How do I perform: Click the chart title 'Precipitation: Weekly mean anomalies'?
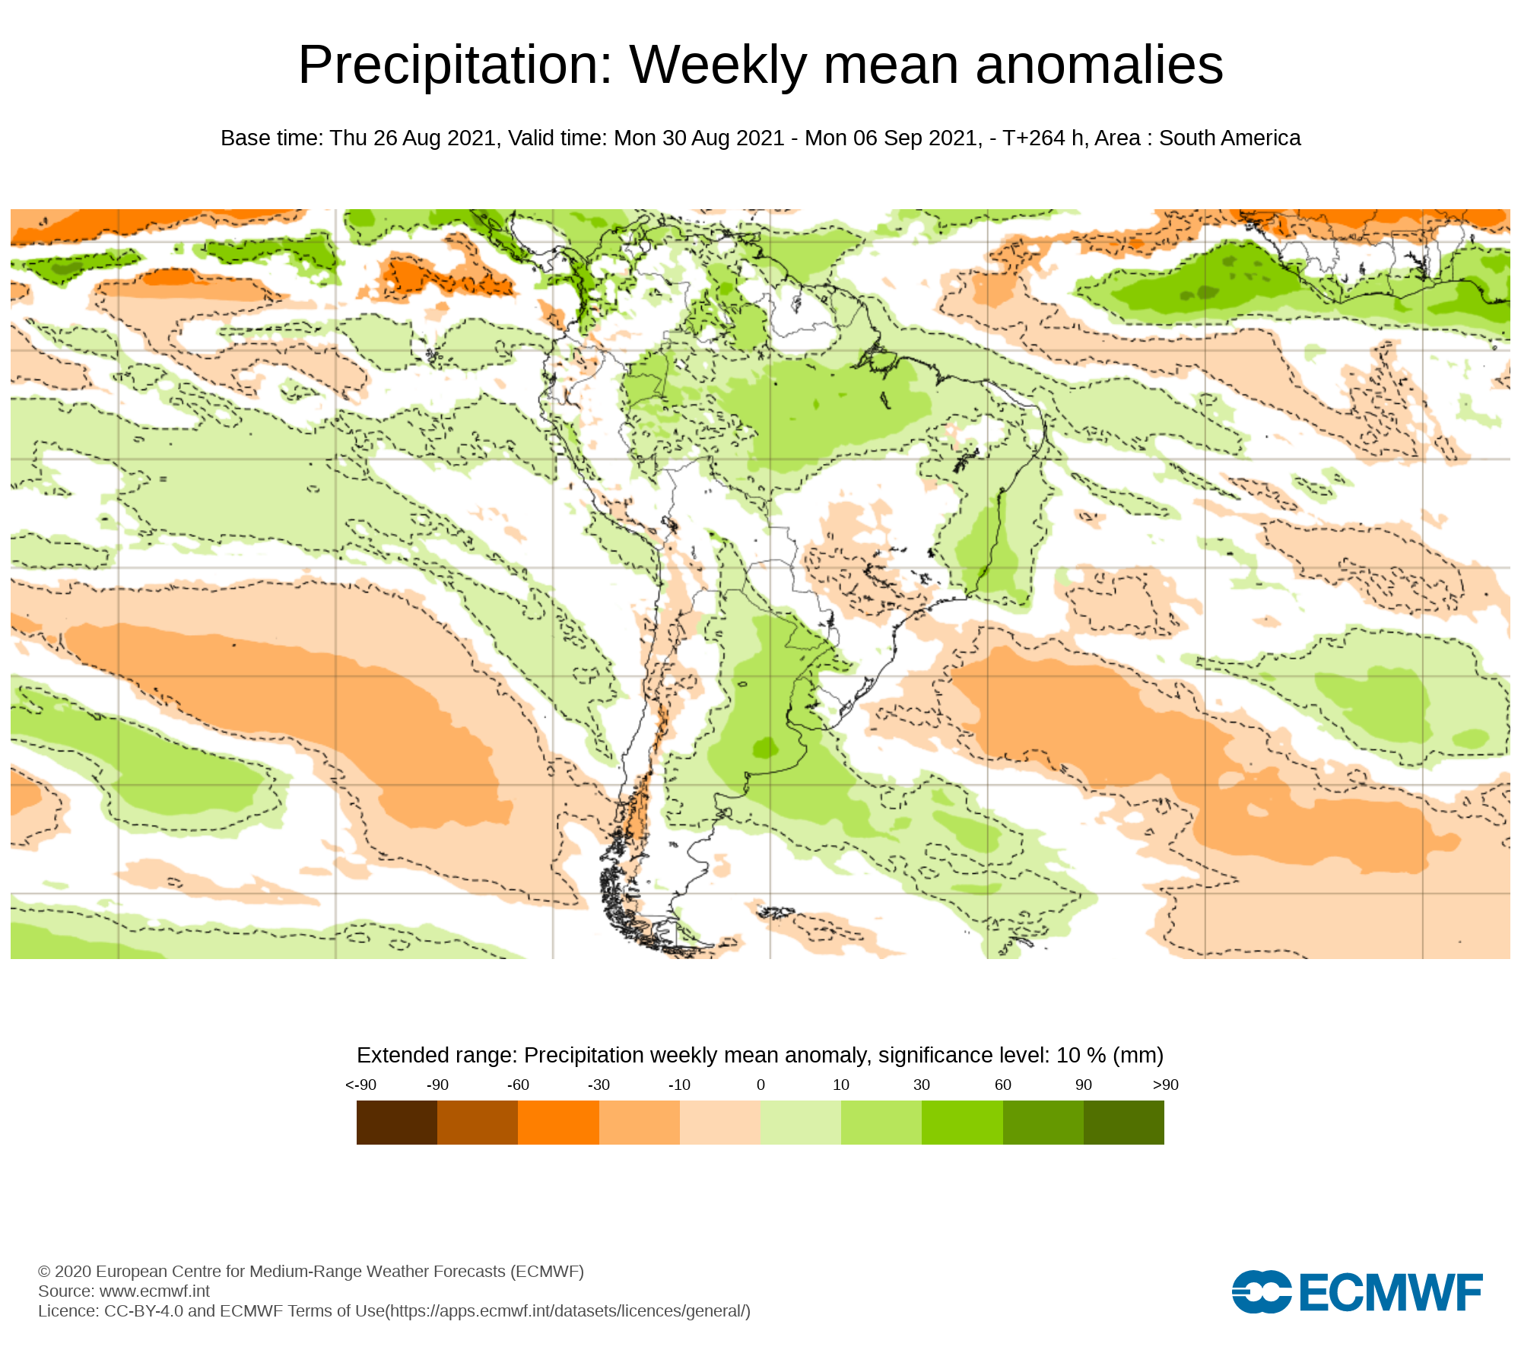[x=760, y=65]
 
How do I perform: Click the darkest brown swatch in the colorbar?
[x=397, y=1123]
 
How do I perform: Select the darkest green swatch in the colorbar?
[x=1123, y=1123]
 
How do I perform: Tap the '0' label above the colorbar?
[x=760, y=1085]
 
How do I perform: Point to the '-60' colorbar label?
[x=518, y=1085]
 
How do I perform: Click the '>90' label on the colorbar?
[x=1165, y=1085]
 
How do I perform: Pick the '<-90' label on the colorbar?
[x=360, y=1085]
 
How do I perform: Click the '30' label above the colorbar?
[x=922, y=1085]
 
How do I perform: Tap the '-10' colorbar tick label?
[x=679, y=1085]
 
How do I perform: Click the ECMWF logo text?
[x=1391, y=1292]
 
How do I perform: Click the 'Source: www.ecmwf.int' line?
[x=124, y=1291]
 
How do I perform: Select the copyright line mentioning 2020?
[x=311, y=1271]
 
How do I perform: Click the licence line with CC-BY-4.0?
[x=394, y=1310]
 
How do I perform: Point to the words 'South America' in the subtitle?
[x=1230, y=138]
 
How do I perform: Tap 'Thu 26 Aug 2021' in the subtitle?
[x=413, y=138]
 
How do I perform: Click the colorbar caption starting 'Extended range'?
[x=760, y=1055]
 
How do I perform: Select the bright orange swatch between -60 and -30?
[x=558, y=1123]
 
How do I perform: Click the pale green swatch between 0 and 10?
[x=801, y=1123]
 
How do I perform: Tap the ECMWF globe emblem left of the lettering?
[x=1261, y=1292]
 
